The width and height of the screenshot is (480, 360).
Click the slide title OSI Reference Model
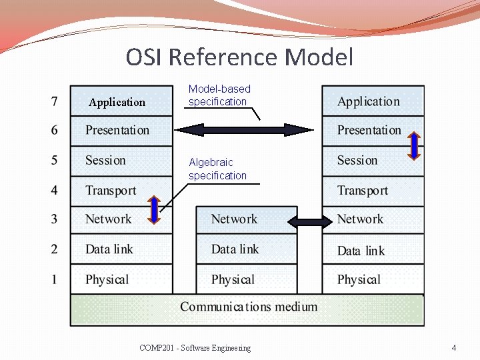pos(239,57)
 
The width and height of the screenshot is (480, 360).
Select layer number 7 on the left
pos(54,102)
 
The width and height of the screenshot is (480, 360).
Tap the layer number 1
pos(54,279)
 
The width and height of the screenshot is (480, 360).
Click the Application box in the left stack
pos(121,102)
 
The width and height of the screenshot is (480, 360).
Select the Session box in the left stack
pos(121,161)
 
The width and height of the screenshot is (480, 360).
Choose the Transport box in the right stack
pos(373,191)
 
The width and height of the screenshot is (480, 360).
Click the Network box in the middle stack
pos(246,219)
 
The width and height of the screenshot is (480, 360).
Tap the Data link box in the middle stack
pos(246,249)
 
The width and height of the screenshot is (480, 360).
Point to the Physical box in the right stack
pos(373,279)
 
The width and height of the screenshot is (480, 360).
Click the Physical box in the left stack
pos(121,279)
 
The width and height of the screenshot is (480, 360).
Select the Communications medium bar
pos(247,307)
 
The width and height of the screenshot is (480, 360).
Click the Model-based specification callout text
pos(219,95)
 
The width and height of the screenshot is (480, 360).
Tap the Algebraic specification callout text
pos(217,169)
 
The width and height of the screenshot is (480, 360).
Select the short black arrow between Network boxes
pos(309,222)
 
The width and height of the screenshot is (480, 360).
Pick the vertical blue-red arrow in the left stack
pos(153,209)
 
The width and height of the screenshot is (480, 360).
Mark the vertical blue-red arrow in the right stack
pos(413,147)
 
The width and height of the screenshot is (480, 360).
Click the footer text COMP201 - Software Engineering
pos(195,348)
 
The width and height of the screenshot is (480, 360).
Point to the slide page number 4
pos(454,348)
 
